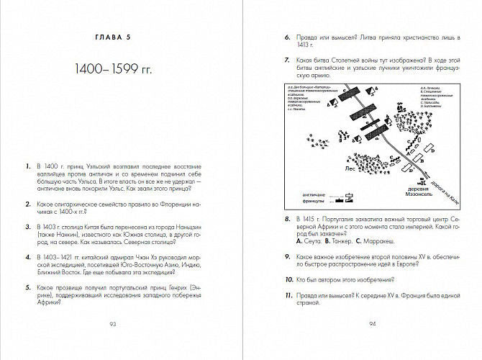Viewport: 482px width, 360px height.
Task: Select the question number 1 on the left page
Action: tap(27, 166)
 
